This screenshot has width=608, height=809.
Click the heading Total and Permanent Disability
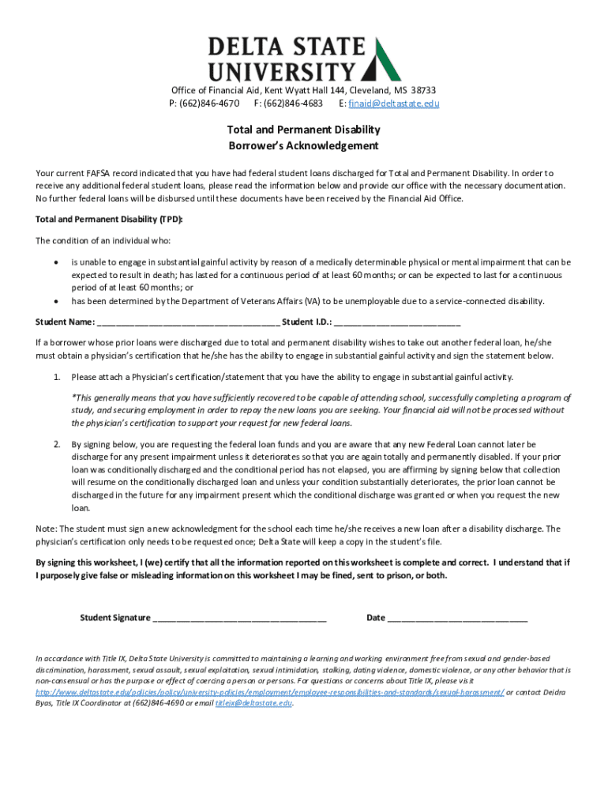click(x=303, y=130)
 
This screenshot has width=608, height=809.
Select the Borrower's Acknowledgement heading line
click(x=303, y=146)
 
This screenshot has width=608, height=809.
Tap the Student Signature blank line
click(x=240, y=618)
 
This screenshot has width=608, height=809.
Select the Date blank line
click(x=457, y=618)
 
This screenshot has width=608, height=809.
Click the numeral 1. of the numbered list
click(x=58, y=377)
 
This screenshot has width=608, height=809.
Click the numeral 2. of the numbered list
click(x=58, y=445)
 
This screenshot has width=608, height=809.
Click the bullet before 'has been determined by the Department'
click(x=54, y=302)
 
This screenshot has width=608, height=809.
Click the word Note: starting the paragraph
click(x=46, y=529)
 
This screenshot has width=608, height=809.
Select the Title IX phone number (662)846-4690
click(x=160, y=702)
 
